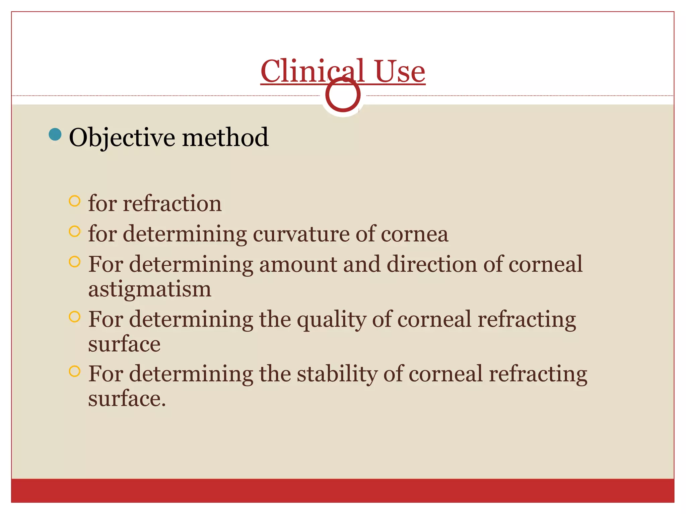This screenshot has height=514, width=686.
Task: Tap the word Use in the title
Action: pos(400,72)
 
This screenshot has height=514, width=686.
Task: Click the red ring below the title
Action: pos(343,95)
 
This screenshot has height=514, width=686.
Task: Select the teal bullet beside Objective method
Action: pos(55,135)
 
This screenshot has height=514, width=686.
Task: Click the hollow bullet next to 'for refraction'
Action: pos(74,201)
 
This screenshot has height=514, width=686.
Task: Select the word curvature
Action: pos(300,234)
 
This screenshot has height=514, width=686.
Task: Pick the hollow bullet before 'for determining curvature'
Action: pos(74,231)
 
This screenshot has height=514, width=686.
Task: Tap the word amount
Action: pos(298,264)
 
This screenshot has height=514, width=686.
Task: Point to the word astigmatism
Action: pos(150,289)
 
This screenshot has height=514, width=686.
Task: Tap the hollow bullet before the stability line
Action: pos(74,371)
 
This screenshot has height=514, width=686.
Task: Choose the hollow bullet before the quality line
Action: pos(74,316)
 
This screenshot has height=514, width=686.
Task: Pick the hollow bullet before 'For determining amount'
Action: pos(74,262)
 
